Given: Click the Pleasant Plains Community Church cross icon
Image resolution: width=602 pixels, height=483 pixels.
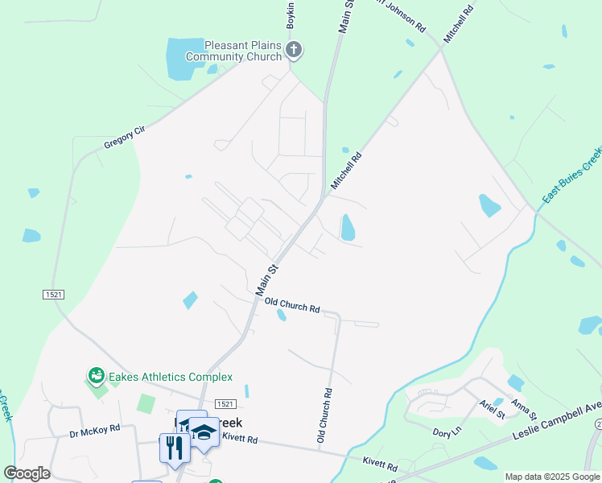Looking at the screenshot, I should (294, 50).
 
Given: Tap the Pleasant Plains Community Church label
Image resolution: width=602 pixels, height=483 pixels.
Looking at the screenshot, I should (233, 51).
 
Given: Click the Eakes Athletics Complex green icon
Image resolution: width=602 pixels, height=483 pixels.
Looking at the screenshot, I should (96, 376).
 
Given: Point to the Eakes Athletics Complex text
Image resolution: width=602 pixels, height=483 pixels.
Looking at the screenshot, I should (171, 377).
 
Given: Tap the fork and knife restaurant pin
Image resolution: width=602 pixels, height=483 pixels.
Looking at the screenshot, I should (174, 448).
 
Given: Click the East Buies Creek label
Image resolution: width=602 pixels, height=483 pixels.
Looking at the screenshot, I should (571, 175).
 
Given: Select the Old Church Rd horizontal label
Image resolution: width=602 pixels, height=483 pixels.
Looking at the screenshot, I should (293, 307).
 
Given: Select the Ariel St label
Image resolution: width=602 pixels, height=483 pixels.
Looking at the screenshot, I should (491, 409).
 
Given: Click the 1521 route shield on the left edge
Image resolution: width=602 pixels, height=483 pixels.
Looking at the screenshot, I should (54, 295).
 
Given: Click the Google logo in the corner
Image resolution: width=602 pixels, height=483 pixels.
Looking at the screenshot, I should (27, 473).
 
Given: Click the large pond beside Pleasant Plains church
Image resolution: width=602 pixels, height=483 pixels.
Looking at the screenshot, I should (185, 59).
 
